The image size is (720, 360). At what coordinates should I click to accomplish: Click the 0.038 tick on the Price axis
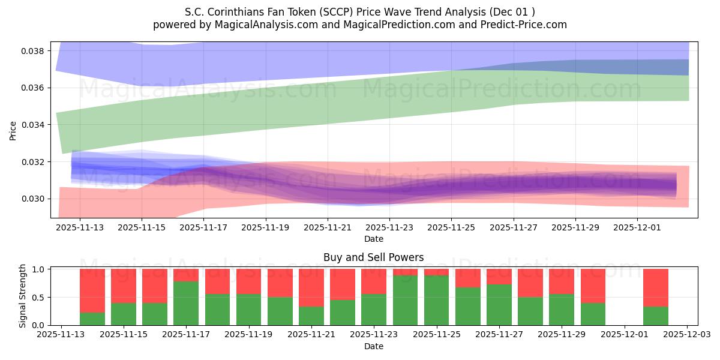point(35,51)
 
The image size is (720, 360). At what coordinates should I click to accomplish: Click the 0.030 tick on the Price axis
point(35,199)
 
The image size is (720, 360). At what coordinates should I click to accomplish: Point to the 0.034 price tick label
point(35,125)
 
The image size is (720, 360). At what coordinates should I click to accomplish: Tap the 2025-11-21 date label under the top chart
point(328,228)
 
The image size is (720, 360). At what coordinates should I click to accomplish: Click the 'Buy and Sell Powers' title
point(373,257)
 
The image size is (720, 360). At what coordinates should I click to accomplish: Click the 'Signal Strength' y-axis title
point(23,296)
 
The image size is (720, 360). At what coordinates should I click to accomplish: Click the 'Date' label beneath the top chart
point(373,239)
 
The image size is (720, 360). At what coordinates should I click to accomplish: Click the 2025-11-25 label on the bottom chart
point(436,335)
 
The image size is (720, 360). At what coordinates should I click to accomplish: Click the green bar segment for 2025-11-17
point(186,303)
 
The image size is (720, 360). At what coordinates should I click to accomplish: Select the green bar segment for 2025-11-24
point(405,300)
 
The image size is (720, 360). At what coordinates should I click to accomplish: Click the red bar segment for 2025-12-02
point(655,287)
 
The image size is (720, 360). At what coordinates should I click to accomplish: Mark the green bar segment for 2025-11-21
point(311,316)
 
